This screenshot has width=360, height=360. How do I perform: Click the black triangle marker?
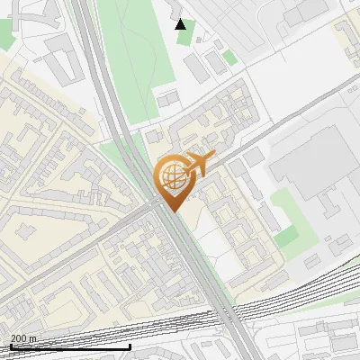[181, 23]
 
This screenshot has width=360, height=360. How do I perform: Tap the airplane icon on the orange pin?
[199, 163]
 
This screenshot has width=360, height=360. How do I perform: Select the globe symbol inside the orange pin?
[170, 177]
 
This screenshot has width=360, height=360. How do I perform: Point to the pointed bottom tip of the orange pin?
[172, 211]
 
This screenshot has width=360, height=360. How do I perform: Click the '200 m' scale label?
[23, 338]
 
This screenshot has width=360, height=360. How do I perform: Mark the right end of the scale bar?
[130, 346]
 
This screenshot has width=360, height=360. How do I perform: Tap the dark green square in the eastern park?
[287, 237]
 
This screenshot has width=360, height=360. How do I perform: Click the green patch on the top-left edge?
[5, 36]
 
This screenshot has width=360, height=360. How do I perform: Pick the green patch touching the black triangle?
[184, 36]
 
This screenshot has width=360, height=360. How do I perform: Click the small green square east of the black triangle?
[230, 58]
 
